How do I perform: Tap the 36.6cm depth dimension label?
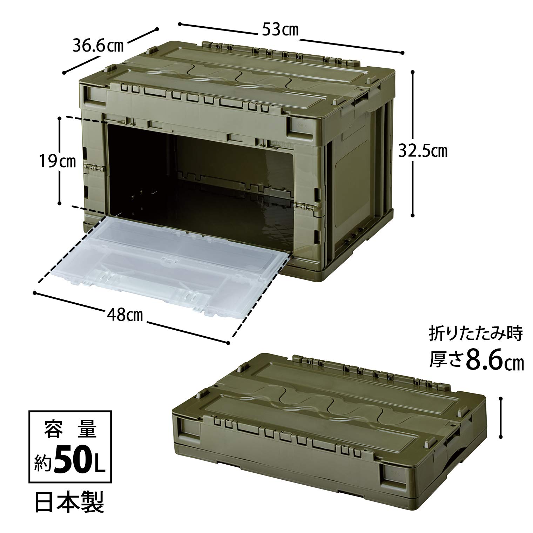click(98, 46)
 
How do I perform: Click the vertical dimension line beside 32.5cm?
click(413, 144)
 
